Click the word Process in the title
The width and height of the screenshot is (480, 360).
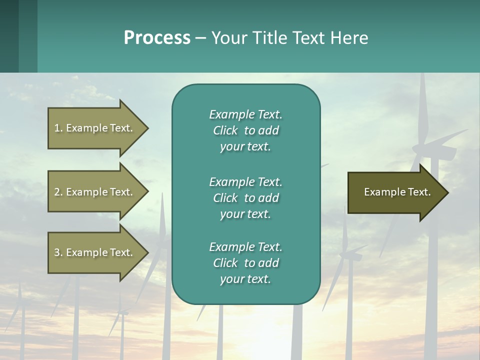(157, 38)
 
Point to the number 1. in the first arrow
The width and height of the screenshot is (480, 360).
(58, 128)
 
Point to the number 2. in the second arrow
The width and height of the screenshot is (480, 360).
(58, 192)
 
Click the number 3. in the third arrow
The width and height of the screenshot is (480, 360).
(58, 252)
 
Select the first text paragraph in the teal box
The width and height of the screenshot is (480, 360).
(245, 130)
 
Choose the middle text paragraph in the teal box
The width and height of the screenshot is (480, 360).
(245, 198)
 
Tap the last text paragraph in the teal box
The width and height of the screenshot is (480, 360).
(245, 263)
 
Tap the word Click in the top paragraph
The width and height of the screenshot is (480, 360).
(225, 130)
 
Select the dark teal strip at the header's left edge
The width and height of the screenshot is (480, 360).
(9, 36)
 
